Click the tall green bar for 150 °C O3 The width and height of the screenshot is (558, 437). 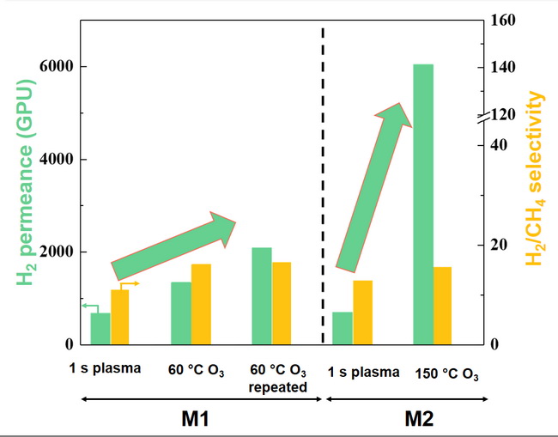[x=423, y=204]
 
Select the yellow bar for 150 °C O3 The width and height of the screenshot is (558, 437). [x=442, y=306]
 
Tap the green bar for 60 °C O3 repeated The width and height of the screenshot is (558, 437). [x=262, y=296]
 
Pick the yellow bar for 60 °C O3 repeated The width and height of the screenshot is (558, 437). [x=282, y=303]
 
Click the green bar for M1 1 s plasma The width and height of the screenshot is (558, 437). [x=100, y=329]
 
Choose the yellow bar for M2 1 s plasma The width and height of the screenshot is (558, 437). [x=362, y=313]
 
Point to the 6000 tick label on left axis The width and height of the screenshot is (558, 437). [x=56, y=66]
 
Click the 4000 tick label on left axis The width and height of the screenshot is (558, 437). [x=56, y=159]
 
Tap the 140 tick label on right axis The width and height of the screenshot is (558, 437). [x=503, y=67]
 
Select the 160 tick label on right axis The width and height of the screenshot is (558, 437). [x=503, y=20]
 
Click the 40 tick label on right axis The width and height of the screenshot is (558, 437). [x=499, y=145]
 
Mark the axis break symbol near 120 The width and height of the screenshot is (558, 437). [x=484, y=118]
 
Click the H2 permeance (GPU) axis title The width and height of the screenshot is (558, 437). [x=26, y=182]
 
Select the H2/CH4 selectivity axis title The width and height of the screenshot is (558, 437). [x=535, y=179]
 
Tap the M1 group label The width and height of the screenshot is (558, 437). [x=195, y=418]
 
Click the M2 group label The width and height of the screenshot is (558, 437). [x=419, y=418]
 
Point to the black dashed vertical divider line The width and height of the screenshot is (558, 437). [x=323, y=185]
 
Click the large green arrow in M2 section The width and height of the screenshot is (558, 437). [x=374, y=187]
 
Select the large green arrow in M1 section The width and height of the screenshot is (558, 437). [x=173, y=246]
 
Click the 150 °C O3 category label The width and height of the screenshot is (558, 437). [x=446, y=374]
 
